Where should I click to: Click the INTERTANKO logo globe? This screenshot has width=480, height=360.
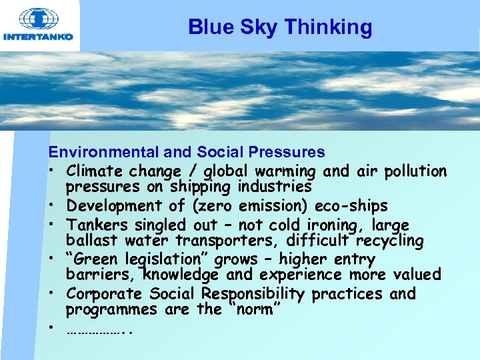click(39, 18)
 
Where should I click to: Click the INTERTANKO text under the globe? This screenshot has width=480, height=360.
click(38, 37)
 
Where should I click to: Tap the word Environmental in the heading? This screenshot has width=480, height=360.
click(96, 153)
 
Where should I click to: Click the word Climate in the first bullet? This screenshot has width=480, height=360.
click(93, 171)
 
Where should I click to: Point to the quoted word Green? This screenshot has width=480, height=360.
click(95, 259)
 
